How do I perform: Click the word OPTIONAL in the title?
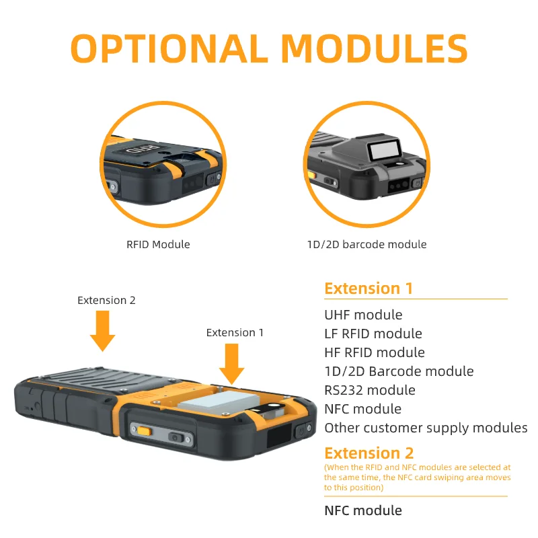pyautogui.click(x=169, y=48)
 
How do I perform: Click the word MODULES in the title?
pyautogui.click(x=375, y=48)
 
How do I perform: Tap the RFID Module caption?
pyautogui.click(x=158, y=244)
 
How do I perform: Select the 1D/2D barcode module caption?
pyautogui.click(x=367, y=244)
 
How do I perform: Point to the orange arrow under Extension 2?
pyautogui.click(x=103, y=331)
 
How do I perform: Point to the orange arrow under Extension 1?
pyautogui.click(x=231, y=364)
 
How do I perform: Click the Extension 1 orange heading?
pyautogui.click(x=369, y=289)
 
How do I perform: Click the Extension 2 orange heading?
pyautogui.click(x=369, y=453)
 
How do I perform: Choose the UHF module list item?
pyautogui.click(x=363, y=315)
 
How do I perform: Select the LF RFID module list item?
pyautogui.click(x=373, y=334)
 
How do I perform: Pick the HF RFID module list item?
pyautogui.click(x=375, y=352)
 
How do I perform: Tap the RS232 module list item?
pyautogui.click(x=370, y=390)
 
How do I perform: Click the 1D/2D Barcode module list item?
pyautogui.click(x=399, y=371)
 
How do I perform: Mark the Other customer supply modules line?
pyautogui.click(x=426, y=428)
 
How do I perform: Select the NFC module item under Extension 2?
pyautogui.click(x=363, y=510)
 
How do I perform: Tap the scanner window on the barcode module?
pyautogui.click(x=384, y=150)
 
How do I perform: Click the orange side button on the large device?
pyautogui.click(x=144, y=430)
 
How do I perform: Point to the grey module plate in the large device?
pyautogui.click(x=218, y=401)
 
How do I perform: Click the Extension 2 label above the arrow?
pyautogui.click(x=106, y=300)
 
